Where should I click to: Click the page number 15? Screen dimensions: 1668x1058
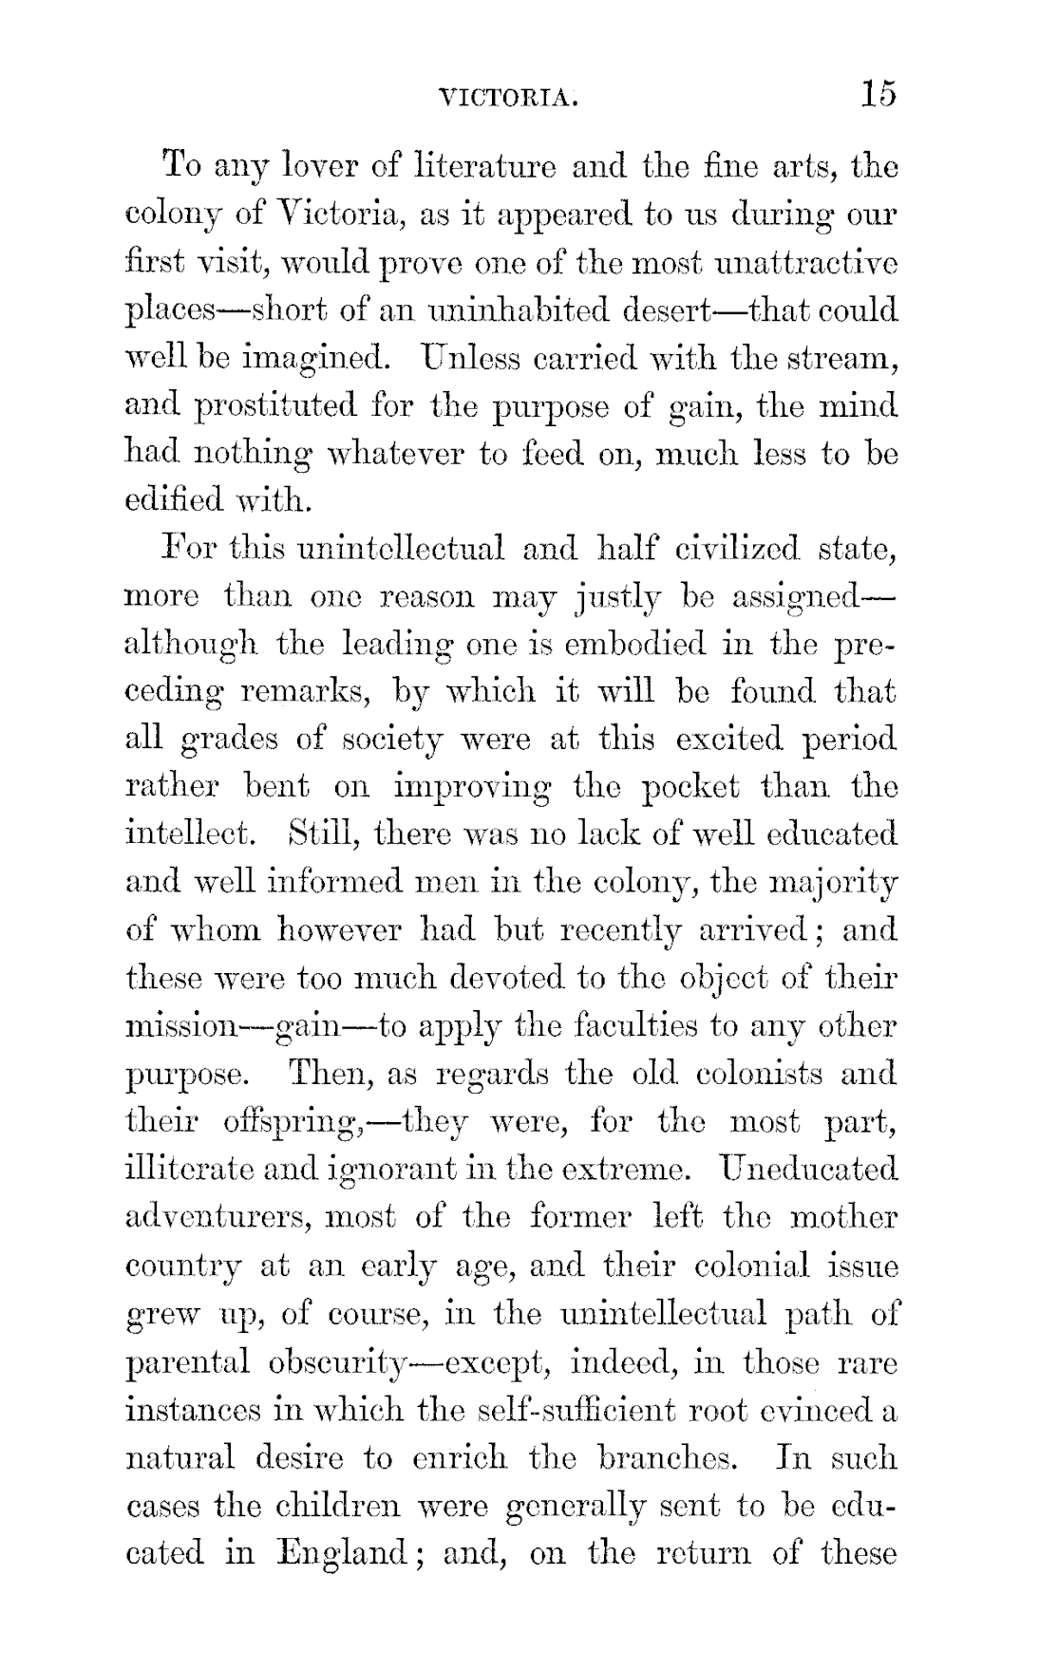879,94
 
